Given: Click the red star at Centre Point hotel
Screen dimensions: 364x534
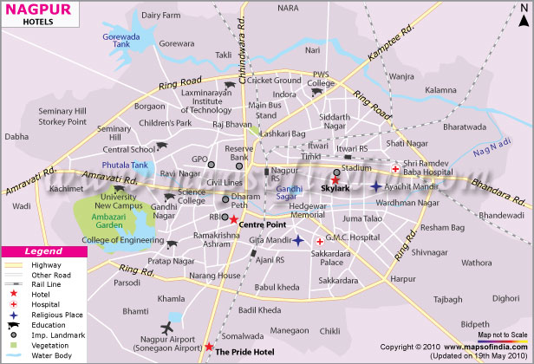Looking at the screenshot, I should pos(234,218).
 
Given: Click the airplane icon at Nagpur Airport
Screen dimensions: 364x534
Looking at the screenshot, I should pos(167,327).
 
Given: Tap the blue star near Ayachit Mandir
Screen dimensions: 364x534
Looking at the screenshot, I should pos(374,186).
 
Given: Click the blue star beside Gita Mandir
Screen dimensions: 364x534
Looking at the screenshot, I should pos(297,240).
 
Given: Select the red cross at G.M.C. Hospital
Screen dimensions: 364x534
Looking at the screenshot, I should pos(319,240).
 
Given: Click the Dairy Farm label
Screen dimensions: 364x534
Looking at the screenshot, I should pos(163,15).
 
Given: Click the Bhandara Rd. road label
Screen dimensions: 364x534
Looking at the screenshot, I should pos(499,185).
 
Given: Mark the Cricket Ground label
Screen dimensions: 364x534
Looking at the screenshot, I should pos(275,81).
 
